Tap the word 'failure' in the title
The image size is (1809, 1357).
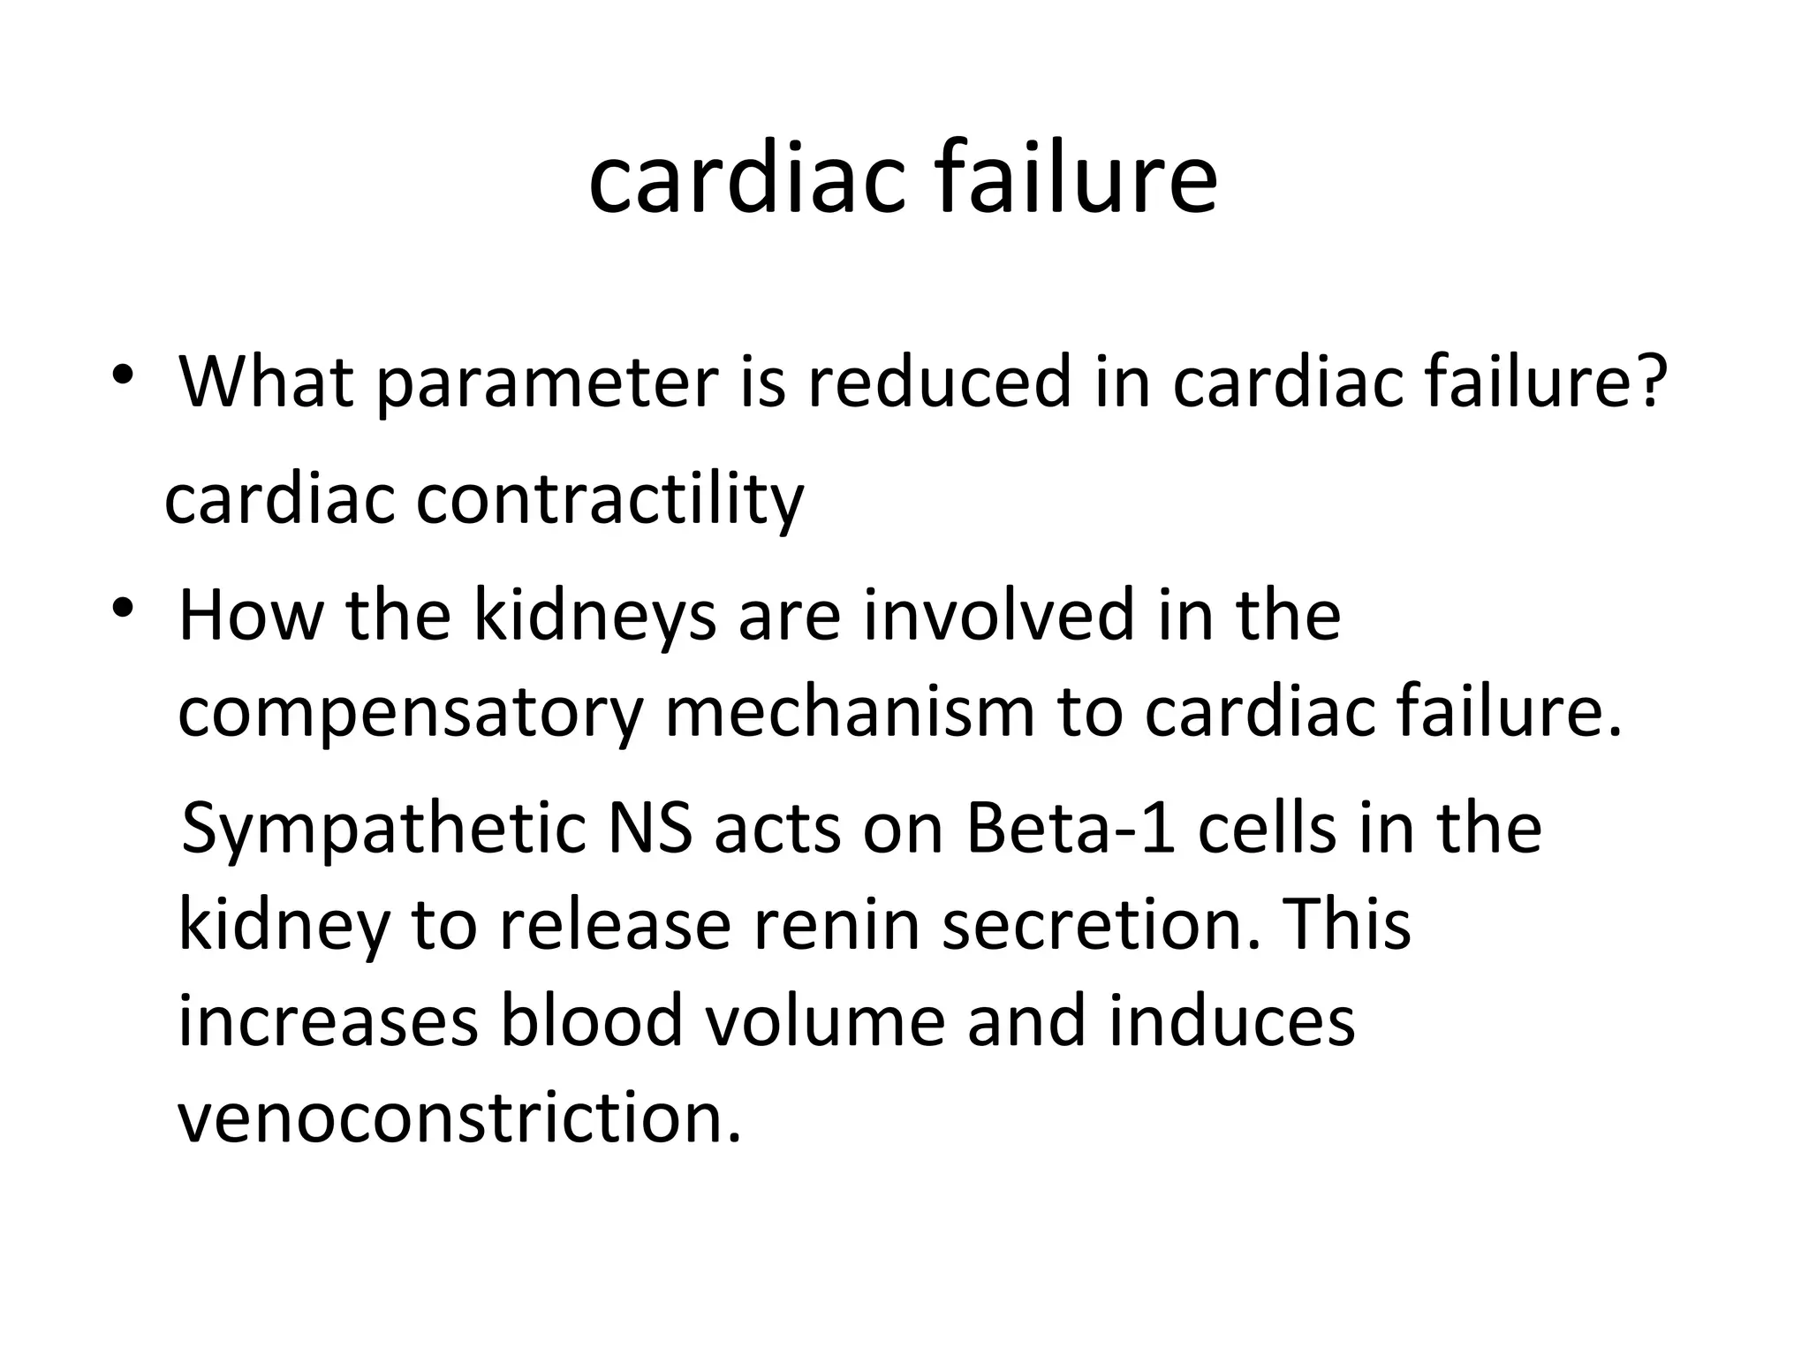tap(1075, 181)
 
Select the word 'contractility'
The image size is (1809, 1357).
tap(609, 500)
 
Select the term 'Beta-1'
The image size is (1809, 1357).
tap(1071, 830)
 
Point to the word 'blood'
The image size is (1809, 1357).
tap(592, 1021)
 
